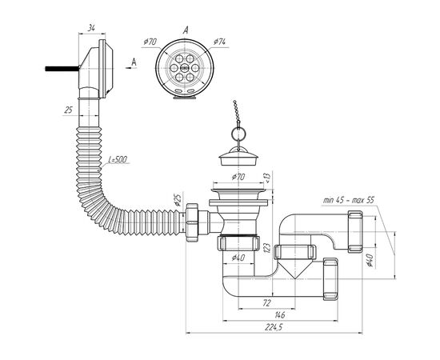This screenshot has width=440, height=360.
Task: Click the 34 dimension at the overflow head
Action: [91, 28]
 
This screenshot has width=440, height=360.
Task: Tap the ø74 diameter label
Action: [219, 42]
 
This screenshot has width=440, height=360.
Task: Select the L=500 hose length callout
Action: [118, 159]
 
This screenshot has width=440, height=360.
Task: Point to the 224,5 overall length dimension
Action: [274, 327]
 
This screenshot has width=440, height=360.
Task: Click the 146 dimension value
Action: [280, 315]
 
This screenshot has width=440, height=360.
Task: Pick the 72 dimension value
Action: [267, 302]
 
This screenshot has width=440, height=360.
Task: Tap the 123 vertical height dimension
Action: [267, 248]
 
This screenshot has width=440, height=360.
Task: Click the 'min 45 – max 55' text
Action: [349, 200]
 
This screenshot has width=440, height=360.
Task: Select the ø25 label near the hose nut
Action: [177, 200]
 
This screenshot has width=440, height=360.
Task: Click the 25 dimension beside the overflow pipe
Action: [69, 110]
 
